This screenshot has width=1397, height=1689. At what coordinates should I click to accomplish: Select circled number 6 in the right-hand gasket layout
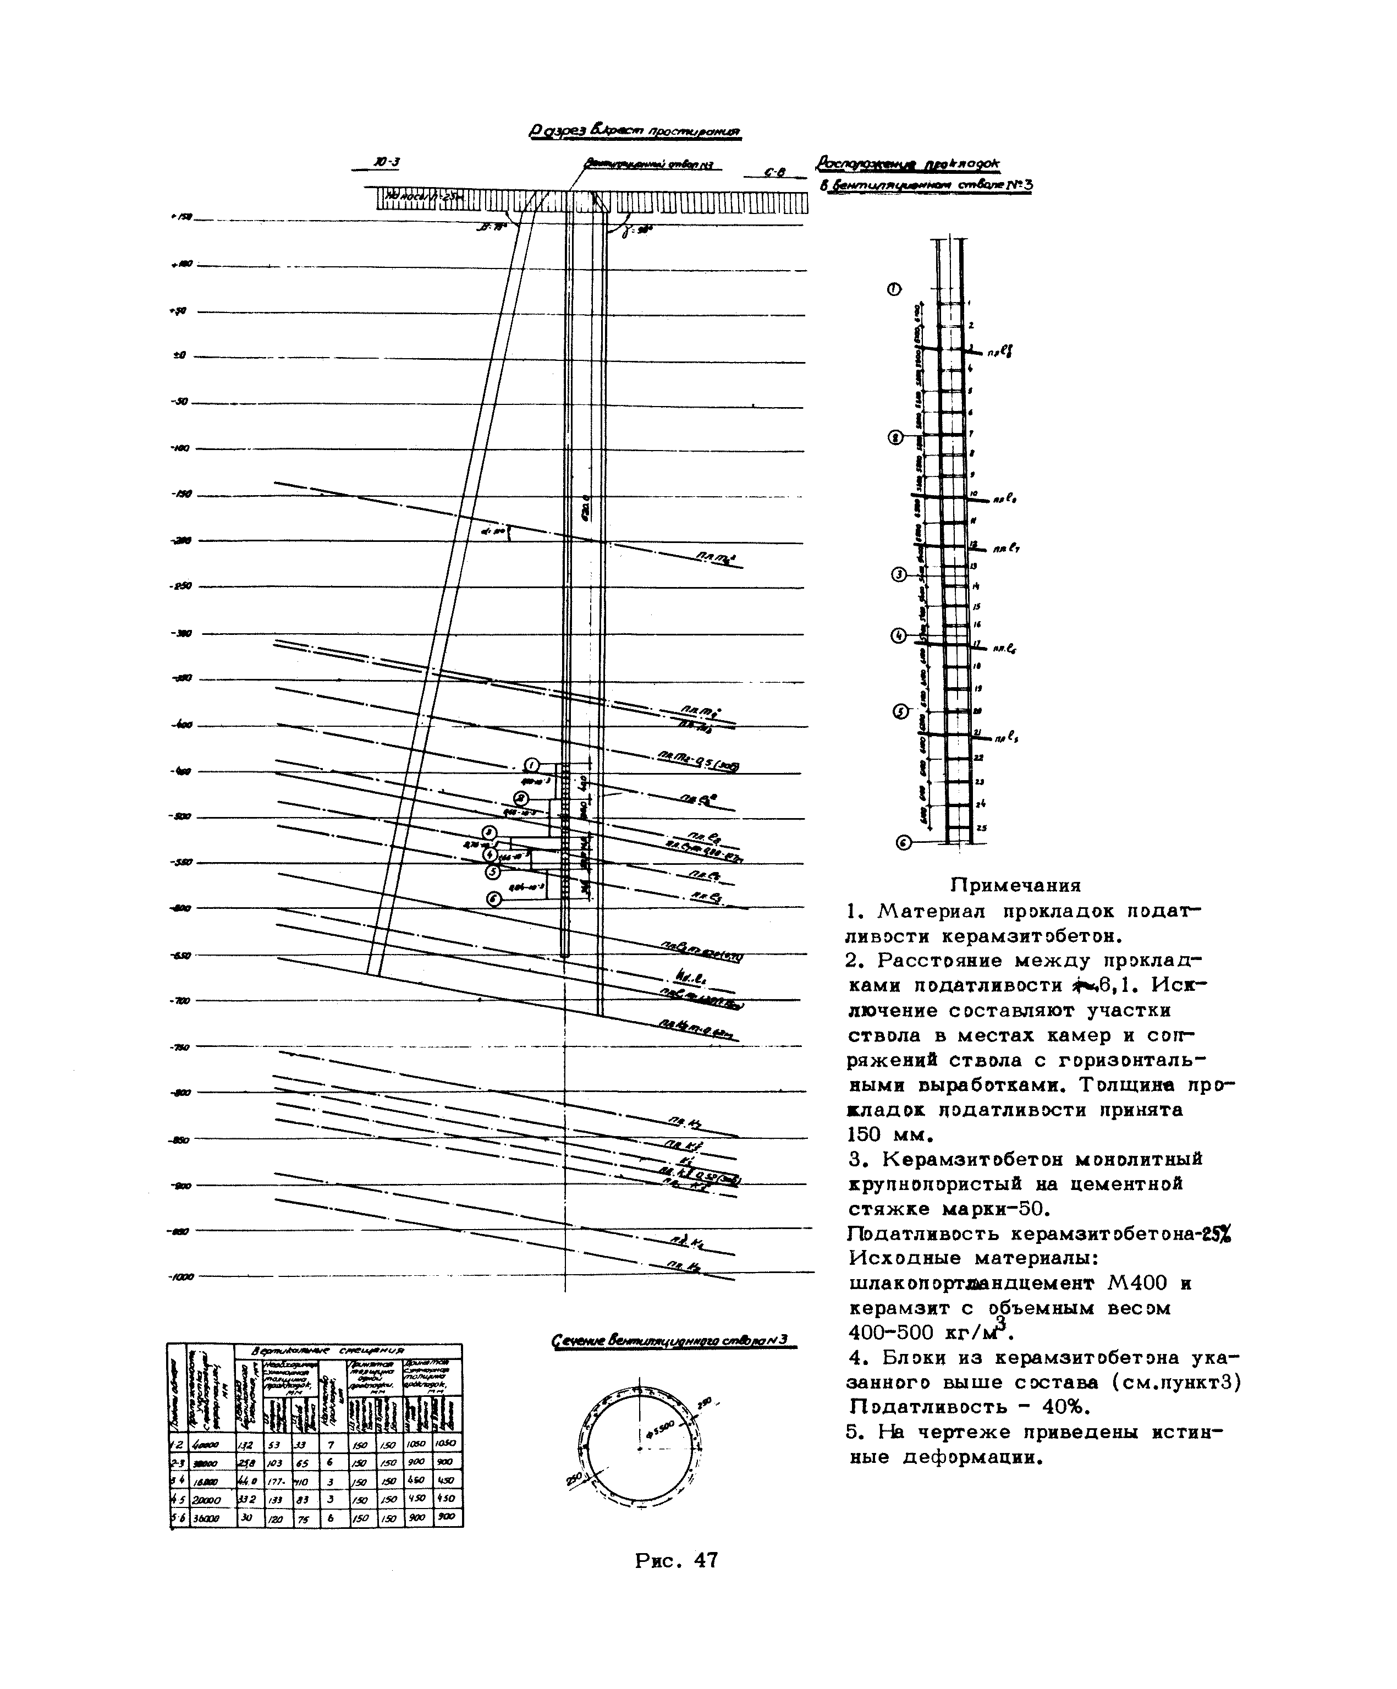click(x=903, y=842)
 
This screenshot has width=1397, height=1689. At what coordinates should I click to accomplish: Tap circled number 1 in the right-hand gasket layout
click(x=894, y=289)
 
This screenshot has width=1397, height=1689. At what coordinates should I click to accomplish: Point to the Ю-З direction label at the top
click(x=387, y=162)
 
